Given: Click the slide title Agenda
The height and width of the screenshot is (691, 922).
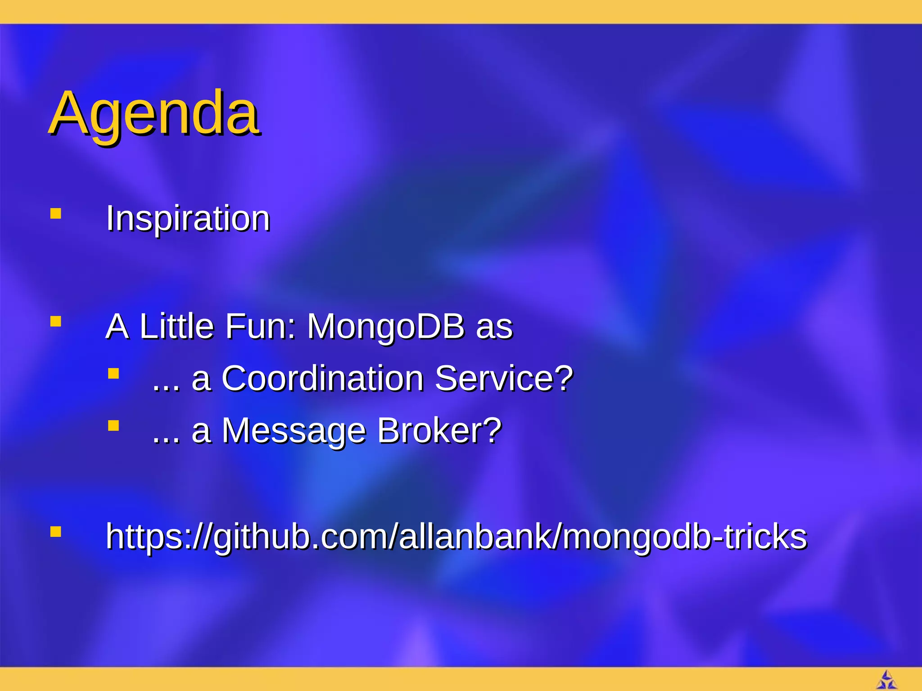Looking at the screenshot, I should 154,113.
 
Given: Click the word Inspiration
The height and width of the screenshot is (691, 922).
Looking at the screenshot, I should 188,219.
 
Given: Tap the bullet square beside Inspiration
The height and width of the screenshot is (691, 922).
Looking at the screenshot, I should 56,213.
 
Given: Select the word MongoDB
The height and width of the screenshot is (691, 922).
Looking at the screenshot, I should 386,326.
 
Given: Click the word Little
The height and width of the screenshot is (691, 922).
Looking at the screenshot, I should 176,326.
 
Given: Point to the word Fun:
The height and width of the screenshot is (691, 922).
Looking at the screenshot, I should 261,326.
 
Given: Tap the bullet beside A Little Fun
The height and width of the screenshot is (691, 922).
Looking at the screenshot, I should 56,322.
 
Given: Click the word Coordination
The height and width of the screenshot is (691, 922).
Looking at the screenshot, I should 322,378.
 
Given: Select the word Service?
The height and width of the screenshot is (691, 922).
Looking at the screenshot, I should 504,378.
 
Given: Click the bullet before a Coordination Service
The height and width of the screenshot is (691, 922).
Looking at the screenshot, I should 113,374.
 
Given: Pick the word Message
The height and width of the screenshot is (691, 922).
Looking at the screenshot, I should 294,431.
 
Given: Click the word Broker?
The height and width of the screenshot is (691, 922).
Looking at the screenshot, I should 439,431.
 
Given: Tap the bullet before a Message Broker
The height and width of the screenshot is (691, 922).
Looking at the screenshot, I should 113,426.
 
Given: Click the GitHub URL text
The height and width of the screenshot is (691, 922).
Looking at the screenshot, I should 456,537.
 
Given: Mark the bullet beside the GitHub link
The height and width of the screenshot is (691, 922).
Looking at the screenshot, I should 56,532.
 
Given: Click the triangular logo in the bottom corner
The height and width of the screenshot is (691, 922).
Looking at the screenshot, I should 886,680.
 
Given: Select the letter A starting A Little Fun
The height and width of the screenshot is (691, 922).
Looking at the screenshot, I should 117,326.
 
